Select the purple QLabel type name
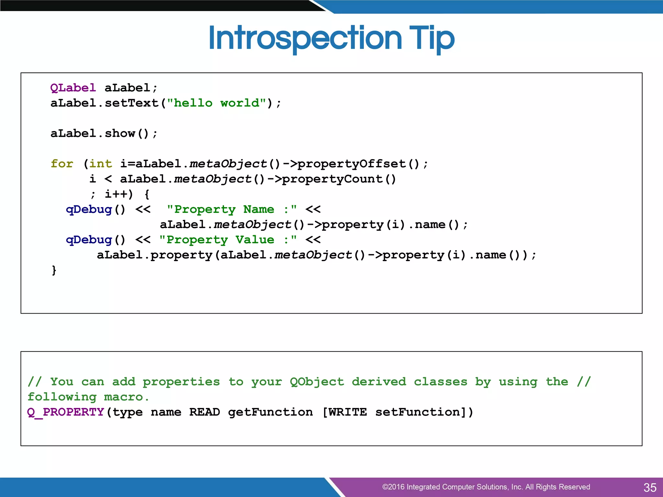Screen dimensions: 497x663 [x=73, y=88]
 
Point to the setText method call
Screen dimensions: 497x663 [x=131, y=103]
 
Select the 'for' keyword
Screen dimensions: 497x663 [x=62, y=164]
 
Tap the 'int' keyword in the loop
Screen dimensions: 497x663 [x=100, y=164]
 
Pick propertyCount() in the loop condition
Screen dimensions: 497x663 [x=339, y=179]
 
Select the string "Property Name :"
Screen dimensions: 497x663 [x=232, y=209]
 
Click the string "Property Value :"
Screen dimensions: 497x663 [x=228, y=240]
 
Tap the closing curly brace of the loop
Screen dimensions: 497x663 [x=54, y=270]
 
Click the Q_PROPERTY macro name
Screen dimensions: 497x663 [x=65, y=412]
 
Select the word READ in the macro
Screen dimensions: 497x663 [x=205, y=412]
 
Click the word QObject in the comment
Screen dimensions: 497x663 [x=317, y=382]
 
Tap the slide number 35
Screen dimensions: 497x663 [x=650, y=487]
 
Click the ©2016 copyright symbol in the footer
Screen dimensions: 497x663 [x=385, y=487]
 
